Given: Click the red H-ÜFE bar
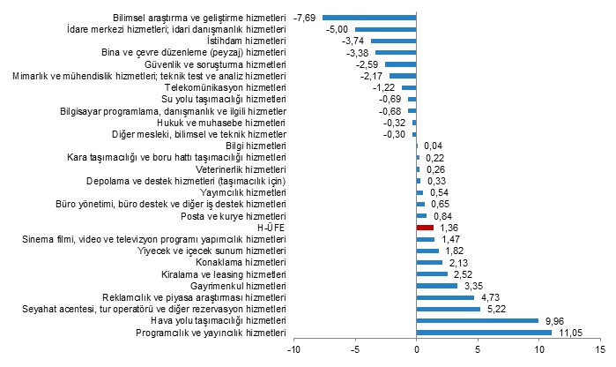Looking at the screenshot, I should coord(425,227).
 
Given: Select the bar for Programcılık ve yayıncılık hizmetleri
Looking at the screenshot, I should coord(484,333).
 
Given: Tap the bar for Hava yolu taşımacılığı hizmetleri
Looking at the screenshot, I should coord(477,321).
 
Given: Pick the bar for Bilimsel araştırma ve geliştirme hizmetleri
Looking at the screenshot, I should coord(369,17).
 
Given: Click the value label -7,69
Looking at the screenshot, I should coord(306,17).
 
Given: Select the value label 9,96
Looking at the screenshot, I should coord(554,321).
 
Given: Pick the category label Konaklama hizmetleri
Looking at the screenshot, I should coord(241,262).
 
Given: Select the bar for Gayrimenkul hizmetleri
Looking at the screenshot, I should coord(437,286).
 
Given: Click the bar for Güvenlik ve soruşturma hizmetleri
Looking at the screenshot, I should coord(401,64).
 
